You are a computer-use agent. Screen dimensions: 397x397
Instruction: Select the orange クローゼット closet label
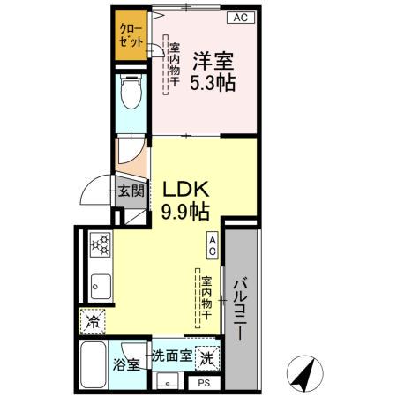coord(132,35)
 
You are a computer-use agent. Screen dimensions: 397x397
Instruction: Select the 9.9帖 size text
coord(184,213)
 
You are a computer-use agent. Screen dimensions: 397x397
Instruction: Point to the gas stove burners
coord(98,242)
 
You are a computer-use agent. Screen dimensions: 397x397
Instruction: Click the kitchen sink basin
coord(98,285)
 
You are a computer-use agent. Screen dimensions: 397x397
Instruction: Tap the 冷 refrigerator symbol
coord(93,321)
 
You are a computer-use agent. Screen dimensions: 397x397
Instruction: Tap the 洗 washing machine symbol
coord(205,358)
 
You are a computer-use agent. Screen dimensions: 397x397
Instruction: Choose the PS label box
coord(204,384)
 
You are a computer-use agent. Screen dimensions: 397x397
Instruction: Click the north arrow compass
coord(303,376)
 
